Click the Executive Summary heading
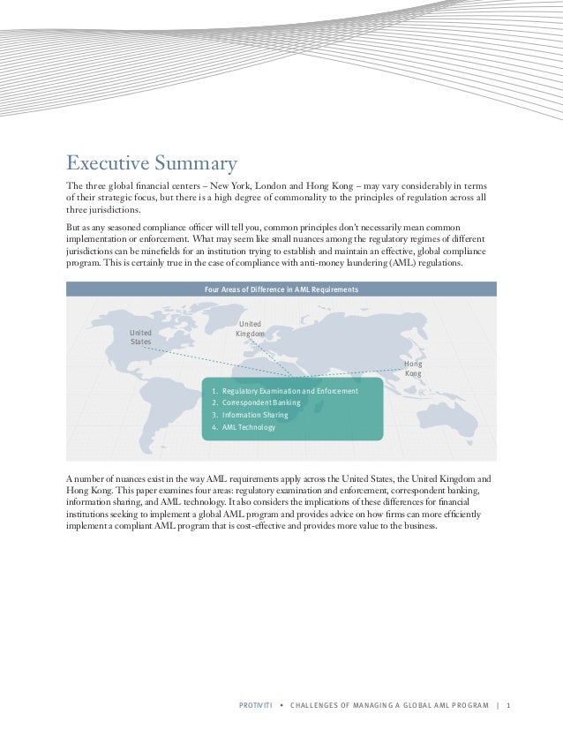click(152, 163)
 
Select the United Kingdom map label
click(250, 328)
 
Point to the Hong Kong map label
click(413, 368)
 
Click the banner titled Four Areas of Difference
click(281, 289)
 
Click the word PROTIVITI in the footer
click(258, 706)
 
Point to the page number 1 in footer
click(509, 706)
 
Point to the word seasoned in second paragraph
click(129, 227)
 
